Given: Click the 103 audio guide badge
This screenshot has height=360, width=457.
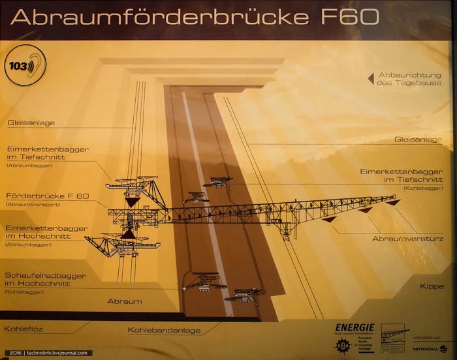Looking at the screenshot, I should [x=20, y=66].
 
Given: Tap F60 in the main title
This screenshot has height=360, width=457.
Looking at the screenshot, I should [x=349, y=17].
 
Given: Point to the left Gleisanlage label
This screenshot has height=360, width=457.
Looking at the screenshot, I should [x=31, y=123].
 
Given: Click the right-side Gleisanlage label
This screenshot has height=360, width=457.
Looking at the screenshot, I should [x=418, y=140].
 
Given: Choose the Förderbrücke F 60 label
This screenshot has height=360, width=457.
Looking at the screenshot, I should [x=47, y=196].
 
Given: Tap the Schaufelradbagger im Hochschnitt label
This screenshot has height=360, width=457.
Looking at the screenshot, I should [x=45, y=280].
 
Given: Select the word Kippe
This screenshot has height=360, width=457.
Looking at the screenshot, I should [x=432, y=286].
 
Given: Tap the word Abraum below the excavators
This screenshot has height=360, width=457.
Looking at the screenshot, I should [x=124, y=301].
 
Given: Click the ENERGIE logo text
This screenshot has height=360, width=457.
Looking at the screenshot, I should [x=355, y=327].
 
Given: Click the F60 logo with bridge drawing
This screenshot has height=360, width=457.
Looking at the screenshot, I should [x=394, y=338].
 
